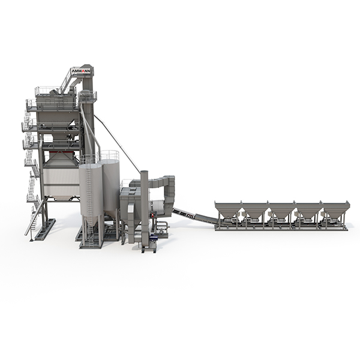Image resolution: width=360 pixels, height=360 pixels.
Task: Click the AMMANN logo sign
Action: click(x=81, y=71)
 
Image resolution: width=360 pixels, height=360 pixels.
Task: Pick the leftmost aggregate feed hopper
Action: click(x=228, y=209)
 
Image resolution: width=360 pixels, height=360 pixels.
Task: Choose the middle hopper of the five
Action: click(x=281, y=210)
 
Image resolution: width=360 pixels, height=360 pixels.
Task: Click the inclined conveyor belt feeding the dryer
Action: click(x=195, y=214)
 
